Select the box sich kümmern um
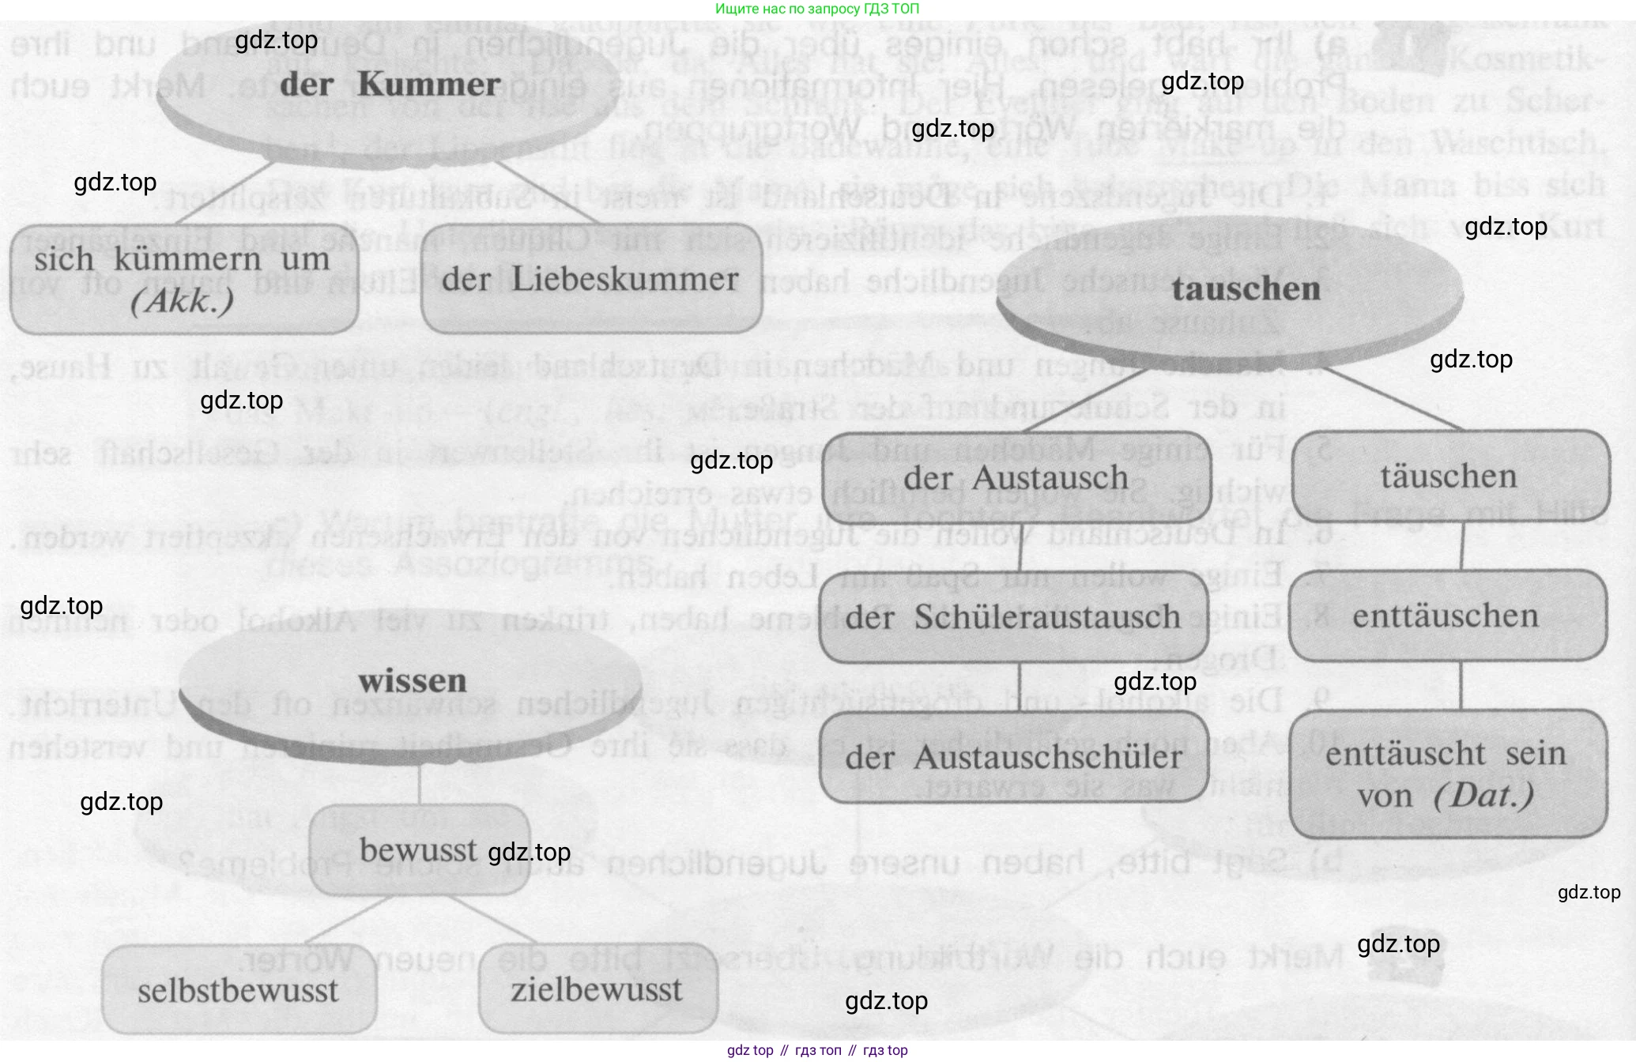(x=183, y=278)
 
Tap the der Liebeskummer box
(x=591, y=279)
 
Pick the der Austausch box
(x=1016, y=477)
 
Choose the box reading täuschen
(x=1449, y=476)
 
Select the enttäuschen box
(x=1447, y=616)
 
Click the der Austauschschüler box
(x=1014, y=757)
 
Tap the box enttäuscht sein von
(x=1447, y=774)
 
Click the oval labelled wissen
(x=411, y=682)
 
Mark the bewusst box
(x=419, y=850)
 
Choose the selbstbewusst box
(x=238, y=990)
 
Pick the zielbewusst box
(x=597, y=990)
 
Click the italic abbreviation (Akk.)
(x=183, y=301)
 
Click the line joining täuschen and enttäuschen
(x=1461, y=546)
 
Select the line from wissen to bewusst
(x=420, y=785)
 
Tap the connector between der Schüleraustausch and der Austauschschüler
(x=1020, y=687)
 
